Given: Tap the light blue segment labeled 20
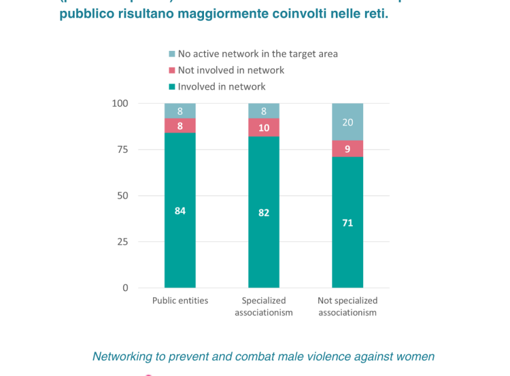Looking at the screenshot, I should (347, 122).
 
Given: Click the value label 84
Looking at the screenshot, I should (180, 211).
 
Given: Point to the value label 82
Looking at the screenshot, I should (263, 213).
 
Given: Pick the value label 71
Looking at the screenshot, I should (347, 223).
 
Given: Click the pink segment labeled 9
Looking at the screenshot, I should (347, 149).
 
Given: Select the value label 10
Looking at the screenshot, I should (263, 127).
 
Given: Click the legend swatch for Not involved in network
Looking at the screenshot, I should (172, 70).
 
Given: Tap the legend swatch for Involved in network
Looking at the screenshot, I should (172, 87).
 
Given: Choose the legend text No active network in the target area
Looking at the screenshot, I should (257, 54).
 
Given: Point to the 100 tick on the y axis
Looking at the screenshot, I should (120, 104).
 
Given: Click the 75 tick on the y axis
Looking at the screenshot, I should (123, 150).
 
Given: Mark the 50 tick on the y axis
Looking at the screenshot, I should (123, 196).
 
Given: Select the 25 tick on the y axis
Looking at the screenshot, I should (123, 242).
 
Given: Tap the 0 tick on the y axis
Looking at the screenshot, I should (125, 288).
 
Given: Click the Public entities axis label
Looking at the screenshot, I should (180, 301).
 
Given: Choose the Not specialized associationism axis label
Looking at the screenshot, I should (347, 307).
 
